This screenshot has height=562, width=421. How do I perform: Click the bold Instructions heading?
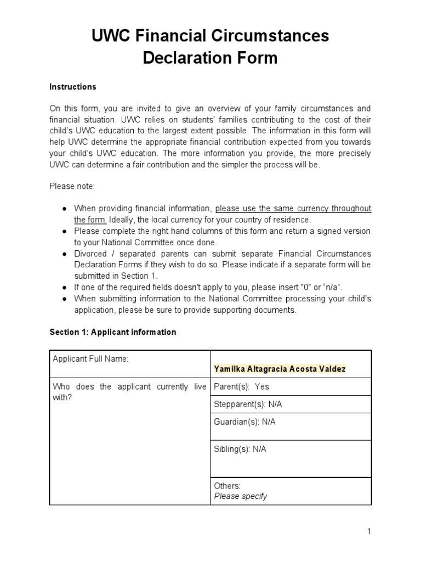tap(73, 87)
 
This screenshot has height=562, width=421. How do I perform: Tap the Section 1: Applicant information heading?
tap(113, 332)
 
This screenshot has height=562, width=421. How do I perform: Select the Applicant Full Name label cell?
tap(90, 359)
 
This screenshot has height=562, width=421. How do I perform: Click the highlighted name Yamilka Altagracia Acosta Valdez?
tap(280, 369)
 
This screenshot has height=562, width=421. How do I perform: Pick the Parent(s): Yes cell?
tap(241, 386)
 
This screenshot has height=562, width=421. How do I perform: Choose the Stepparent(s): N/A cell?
tap(248, 404)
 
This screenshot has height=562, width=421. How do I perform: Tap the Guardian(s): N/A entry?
tap(244, 421)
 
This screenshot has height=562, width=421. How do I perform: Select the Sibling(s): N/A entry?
tap(240, 449)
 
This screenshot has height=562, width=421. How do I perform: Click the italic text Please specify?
tap(240, 496)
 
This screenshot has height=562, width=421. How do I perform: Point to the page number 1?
tap(369, 531)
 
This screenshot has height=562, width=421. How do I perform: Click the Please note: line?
tap(72, 187)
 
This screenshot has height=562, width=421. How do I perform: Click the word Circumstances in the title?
tap(261, 36)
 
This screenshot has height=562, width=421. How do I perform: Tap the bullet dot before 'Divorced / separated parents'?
tap(64, 254)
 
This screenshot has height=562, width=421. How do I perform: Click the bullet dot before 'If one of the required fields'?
tap(64, 287)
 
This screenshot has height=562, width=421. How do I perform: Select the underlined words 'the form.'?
tap(90, 220)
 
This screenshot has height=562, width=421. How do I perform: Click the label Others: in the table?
tap(227, 486)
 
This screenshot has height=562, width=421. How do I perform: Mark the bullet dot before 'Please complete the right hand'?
tap(64, 231)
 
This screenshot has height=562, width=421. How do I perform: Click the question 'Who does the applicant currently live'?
tap(129, 386)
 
